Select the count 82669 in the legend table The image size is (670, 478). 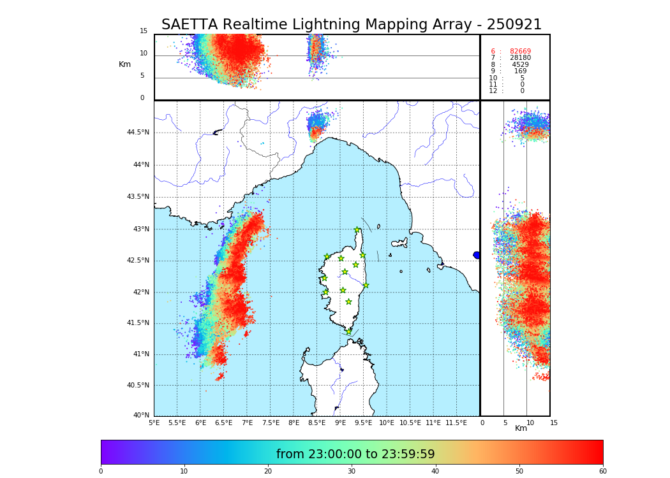coord(520,52)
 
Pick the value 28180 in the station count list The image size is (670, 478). coord(520,58)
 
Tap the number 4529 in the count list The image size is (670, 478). coord(520,65)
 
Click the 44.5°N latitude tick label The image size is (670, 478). coord(138,133)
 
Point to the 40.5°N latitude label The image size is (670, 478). coord(138,386)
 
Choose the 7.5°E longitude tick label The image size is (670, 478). coord(271,423)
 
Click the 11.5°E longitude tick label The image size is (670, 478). coord(456,423)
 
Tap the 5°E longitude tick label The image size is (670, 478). coord(154,423)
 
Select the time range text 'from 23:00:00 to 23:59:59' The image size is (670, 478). coord(355,454)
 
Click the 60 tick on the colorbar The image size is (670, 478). coord(602,471)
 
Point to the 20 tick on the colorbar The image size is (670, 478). coord(268,471)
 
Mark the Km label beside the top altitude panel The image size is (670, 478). coord(124,64)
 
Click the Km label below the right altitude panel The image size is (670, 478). coord(521,428)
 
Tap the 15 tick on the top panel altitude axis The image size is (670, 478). coord(144,31)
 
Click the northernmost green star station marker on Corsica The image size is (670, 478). coord(357,230)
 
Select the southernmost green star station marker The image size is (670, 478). coord(348,331)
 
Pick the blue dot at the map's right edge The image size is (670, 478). coord(477,255)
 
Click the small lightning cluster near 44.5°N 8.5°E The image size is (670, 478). coord(317,124)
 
